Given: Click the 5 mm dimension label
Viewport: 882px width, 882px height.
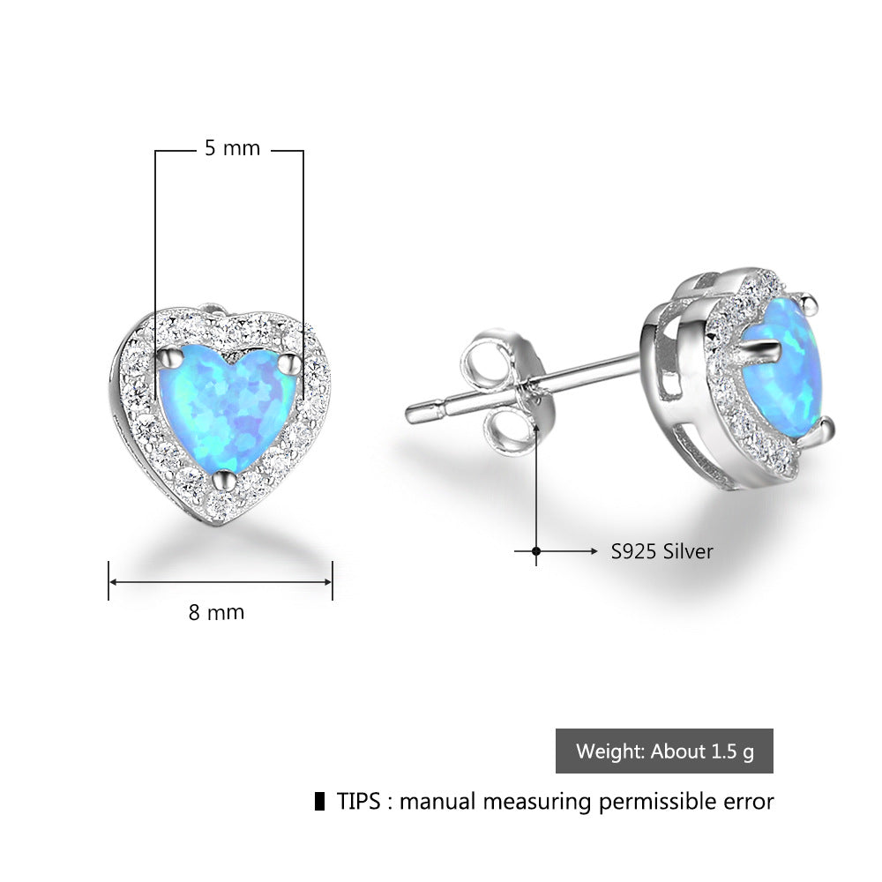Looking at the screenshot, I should click(x=233, y=148).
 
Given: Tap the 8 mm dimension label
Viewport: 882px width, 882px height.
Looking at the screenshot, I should click(x=216, y=611).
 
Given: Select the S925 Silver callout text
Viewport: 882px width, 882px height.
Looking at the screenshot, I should click(x=662, y=551).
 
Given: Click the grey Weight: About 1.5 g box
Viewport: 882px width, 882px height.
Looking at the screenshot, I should click(x=664, y=751).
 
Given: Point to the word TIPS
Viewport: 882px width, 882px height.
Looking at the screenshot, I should click(x=359, y=802).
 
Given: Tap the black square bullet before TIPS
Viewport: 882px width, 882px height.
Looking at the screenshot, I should click(x=319, y=802).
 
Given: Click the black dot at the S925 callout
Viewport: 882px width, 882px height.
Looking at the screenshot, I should click(x=536, y=551).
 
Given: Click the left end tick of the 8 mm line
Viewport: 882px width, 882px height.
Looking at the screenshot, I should click(x=108, y=581).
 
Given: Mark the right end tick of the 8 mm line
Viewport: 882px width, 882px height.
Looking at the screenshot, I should click(x=333, y=581).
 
